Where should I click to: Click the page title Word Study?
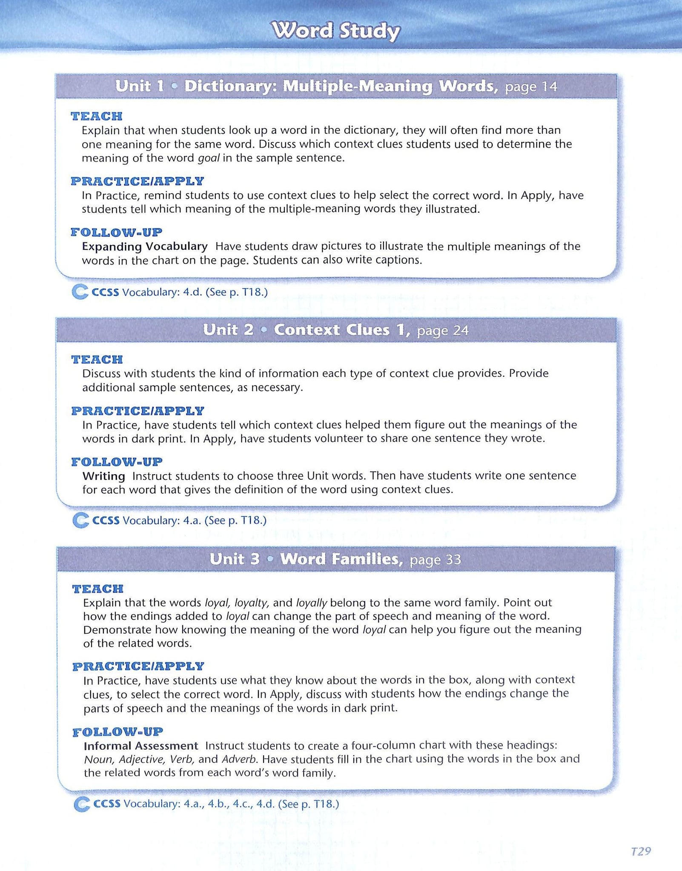click(336, 31)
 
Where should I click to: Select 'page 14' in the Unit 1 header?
click(531, 87)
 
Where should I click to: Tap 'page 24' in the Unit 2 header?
click(443, 330)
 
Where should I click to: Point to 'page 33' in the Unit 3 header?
click(435, 560)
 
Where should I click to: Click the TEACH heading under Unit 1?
click(97, 116)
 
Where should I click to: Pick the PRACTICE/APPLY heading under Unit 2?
click(138, 411)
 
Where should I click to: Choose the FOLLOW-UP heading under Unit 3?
click(118, 732)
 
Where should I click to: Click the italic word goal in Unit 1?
click(209, 158)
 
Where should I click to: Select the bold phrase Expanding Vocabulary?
click(145, 246)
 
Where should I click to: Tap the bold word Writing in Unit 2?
click(104, 476)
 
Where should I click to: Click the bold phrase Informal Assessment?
click(141, 746)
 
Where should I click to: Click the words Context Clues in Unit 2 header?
click(332, 330)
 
